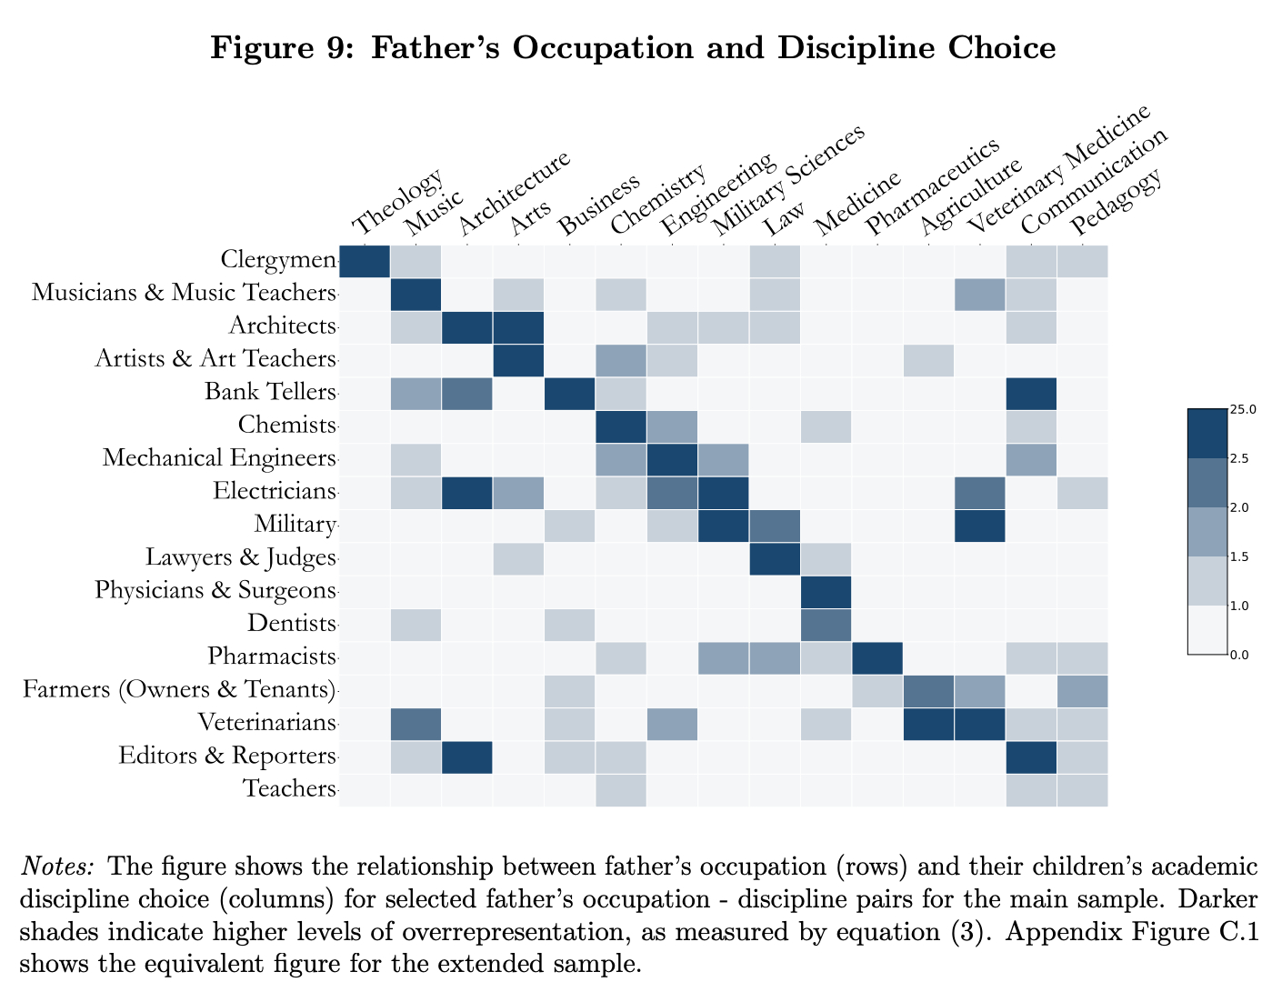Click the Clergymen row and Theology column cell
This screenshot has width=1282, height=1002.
(x=365, y=261)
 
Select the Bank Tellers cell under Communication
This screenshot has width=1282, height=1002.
(x=1031, y=393)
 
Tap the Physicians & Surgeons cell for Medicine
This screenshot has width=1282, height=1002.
(x=826, y=591)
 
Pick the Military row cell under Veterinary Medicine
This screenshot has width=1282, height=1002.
(x=980, y=526)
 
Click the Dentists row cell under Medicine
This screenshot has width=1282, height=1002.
(x=826, y=624)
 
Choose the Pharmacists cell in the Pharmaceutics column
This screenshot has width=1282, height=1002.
(x=877, y=656)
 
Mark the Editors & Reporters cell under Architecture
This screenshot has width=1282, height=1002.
(x=467, y=756)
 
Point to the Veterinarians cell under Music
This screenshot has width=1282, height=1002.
(x=416, y=723)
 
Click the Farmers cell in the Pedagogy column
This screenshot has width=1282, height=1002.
(x=1082, y=690)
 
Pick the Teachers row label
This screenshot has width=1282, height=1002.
(x=290, y=788)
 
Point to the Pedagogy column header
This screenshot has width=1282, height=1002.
(x=1117, y=198)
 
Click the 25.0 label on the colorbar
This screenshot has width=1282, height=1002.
(x=1242, y=410)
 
